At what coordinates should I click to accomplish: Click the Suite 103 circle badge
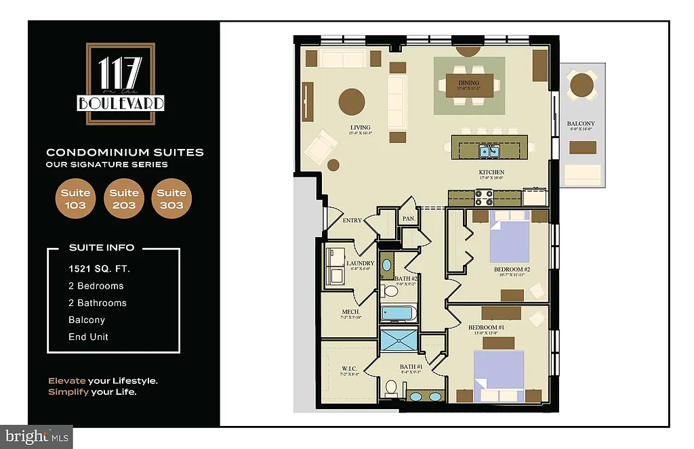point(75,199)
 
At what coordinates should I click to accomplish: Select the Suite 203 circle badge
point(124,199)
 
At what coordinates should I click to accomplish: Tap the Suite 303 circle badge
point(172,199)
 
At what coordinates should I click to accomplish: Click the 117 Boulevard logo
point(121,84)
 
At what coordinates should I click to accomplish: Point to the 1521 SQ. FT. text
point(99,269)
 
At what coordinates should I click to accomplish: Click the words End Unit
point(88,337)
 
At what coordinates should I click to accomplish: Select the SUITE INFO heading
point(102,248)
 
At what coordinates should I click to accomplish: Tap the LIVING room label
point(360,127)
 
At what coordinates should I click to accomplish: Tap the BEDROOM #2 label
point(512,269)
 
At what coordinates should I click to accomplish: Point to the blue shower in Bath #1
point(400,340)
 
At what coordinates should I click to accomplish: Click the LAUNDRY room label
point(360,263)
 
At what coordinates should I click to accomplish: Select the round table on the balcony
point(582,85)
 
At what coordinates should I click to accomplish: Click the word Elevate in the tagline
point(67,381)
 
